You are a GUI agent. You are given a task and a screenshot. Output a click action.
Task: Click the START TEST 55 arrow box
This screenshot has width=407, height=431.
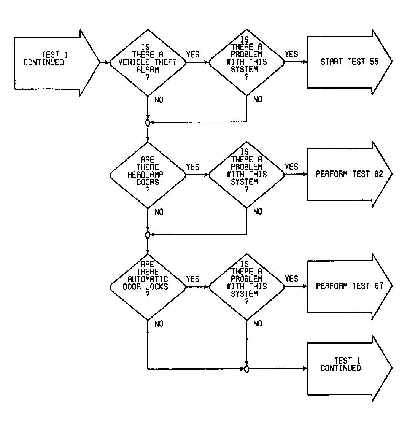(349, 62)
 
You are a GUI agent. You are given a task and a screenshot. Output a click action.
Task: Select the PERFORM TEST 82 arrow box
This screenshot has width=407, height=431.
(349, 174)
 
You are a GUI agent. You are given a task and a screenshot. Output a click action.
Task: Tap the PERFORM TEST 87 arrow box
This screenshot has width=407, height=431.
(349, 286)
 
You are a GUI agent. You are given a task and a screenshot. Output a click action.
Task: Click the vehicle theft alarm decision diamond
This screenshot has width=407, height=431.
(148, 63)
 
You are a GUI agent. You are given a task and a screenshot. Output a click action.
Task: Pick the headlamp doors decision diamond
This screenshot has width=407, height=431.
(148, 175)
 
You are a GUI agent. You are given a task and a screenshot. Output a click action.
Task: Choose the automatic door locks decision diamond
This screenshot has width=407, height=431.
(148, 287)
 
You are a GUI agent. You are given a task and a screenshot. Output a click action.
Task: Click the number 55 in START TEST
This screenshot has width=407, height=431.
(374, 62)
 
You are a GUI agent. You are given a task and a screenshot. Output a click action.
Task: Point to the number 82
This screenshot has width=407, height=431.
(379, 174)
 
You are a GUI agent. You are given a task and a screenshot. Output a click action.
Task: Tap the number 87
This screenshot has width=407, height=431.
(379, 286)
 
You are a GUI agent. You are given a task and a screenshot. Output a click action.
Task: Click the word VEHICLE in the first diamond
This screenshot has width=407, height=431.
(134, 62)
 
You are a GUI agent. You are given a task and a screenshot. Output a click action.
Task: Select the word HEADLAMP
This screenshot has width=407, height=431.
(145, 174)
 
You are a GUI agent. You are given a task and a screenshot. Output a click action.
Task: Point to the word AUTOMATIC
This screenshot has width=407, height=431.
(148, 279)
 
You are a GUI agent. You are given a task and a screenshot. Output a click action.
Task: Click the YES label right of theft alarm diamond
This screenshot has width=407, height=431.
(192, 54)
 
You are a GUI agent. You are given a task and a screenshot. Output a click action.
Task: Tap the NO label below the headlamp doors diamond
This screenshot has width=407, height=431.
(159, 212)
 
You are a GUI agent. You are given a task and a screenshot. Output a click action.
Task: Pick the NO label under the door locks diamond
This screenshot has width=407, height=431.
(159, 324)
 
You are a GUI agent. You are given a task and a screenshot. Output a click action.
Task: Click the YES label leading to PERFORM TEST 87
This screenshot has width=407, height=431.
(291, 278)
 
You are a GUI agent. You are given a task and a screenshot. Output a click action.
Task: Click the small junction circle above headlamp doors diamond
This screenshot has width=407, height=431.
(148, 122)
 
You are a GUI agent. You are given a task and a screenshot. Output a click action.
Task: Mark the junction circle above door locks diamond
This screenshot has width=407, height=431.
(148, 235)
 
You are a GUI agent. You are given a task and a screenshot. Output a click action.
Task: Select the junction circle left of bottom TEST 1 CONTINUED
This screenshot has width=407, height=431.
(247, 369)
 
